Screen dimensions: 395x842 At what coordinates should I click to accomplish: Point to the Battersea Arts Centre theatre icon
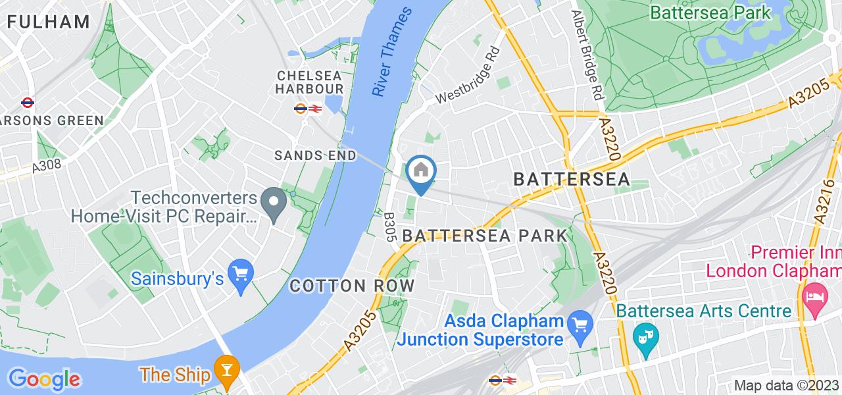click(x=641, y=338)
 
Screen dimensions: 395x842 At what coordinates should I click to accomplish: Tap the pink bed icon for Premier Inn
click(x=814, y=294)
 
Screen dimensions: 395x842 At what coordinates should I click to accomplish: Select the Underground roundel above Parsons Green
click(x=28, y=102)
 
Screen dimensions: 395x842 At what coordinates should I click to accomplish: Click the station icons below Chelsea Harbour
click(x=308, y=108)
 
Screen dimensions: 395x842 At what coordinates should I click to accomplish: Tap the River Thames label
click(x=392, y=53)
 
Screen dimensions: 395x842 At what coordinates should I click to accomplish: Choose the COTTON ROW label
click(x=352, y=286)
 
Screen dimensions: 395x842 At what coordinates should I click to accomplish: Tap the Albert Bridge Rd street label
click(x=587, y=54)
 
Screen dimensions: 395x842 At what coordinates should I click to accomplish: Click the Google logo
click(x=43, y=379)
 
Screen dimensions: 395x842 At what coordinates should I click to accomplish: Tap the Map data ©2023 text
click(x=785, y=386)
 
